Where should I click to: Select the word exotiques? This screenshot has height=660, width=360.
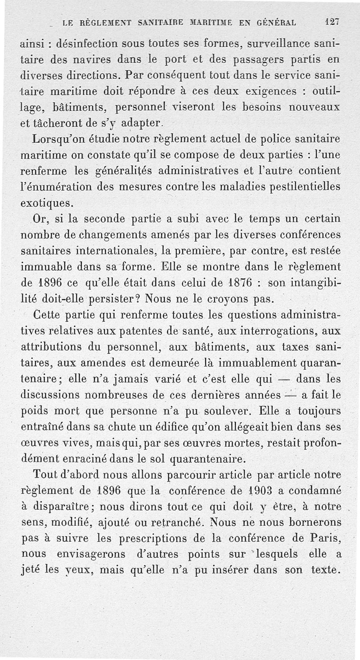(46, 203)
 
